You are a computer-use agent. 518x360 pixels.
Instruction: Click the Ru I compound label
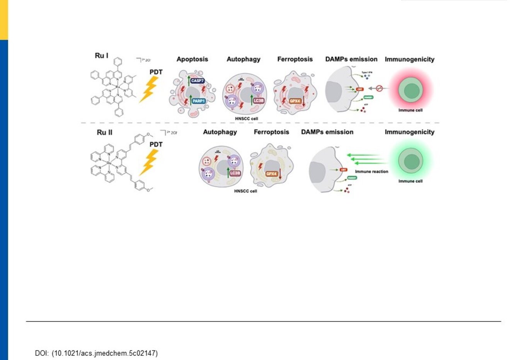(x=102, y=56)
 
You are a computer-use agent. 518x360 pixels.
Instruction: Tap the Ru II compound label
(x=104, y=132)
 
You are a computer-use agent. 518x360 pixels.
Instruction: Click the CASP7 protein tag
(x=198, y=81)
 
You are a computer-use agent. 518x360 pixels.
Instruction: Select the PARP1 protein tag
(x=198, y=101)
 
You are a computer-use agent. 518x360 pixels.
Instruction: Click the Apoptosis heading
(x=192, y=59)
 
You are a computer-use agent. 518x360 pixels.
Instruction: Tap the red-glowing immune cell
(x=411, y=90)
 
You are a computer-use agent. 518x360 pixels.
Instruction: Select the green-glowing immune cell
(x=411, y=161)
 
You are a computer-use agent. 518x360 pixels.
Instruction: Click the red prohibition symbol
(x=379, y=88)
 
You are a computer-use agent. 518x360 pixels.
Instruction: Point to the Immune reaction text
(x=371, y=172)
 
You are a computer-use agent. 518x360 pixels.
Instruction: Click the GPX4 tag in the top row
(x=295, y=101)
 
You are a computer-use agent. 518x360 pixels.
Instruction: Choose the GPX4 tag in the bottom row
(x=271, y=174)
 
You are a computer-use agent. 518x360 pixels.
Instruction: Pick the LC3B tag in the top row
(x=258, y=101)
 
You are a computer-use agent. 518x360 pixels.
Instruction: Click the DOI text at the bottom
(x=96, y=353)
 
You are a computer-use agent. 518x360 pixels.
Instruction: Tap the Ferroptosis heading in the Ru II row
(x=271, y=132)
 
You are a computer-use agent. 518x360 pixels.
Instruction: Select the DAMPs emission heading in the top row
(x=351, y=59)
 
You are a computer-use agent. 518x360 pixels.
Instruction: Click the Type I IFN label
(x=367, y=73)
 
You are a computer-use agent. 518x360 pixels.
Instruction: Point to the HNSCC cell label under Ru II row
(x=245, y=191)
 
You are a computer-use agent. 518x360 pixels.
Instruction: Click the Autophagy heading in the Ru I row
(x=244, y=59)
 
